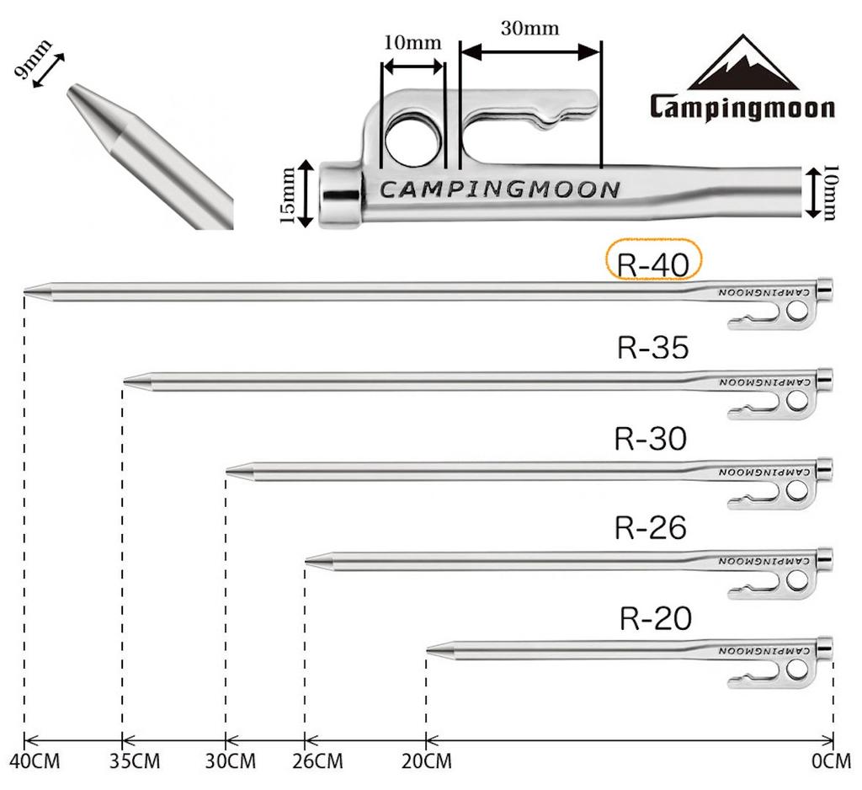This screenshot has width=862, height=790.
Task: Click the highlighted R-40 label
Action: [x=653, y=264]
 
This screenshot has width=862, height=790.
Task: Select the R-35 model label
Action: [x=653, y=348]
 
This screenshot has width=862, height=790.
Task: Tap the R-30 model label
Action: [x=651, y=439]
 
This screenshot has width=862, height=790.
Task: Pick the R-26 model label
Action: [x=651, y=528]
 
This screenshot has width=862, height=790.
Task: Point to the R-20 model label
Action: [x=655, y=619]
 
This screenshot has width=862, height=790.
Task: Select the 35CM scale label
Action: [x=135, y=762]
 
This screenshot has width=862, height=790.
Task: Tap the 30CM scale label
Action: [x=231, y=762]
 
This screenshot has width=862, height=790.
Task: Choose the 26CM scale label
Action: [x=317, y=762]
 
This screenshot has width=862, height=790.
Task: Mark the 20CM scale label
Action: [x=426, y=762]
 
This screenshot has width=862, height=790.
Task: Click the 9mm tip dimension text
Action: [x=33, y=61]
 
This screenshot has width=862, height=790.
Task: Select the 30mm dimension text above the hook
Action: [x=529, y=28]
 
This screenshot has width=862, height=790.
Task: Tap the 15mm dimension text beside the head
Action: [x=289, y=195]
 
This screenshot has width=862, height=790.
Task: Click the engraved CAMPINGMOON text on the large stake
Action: [x=499, y=189]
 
